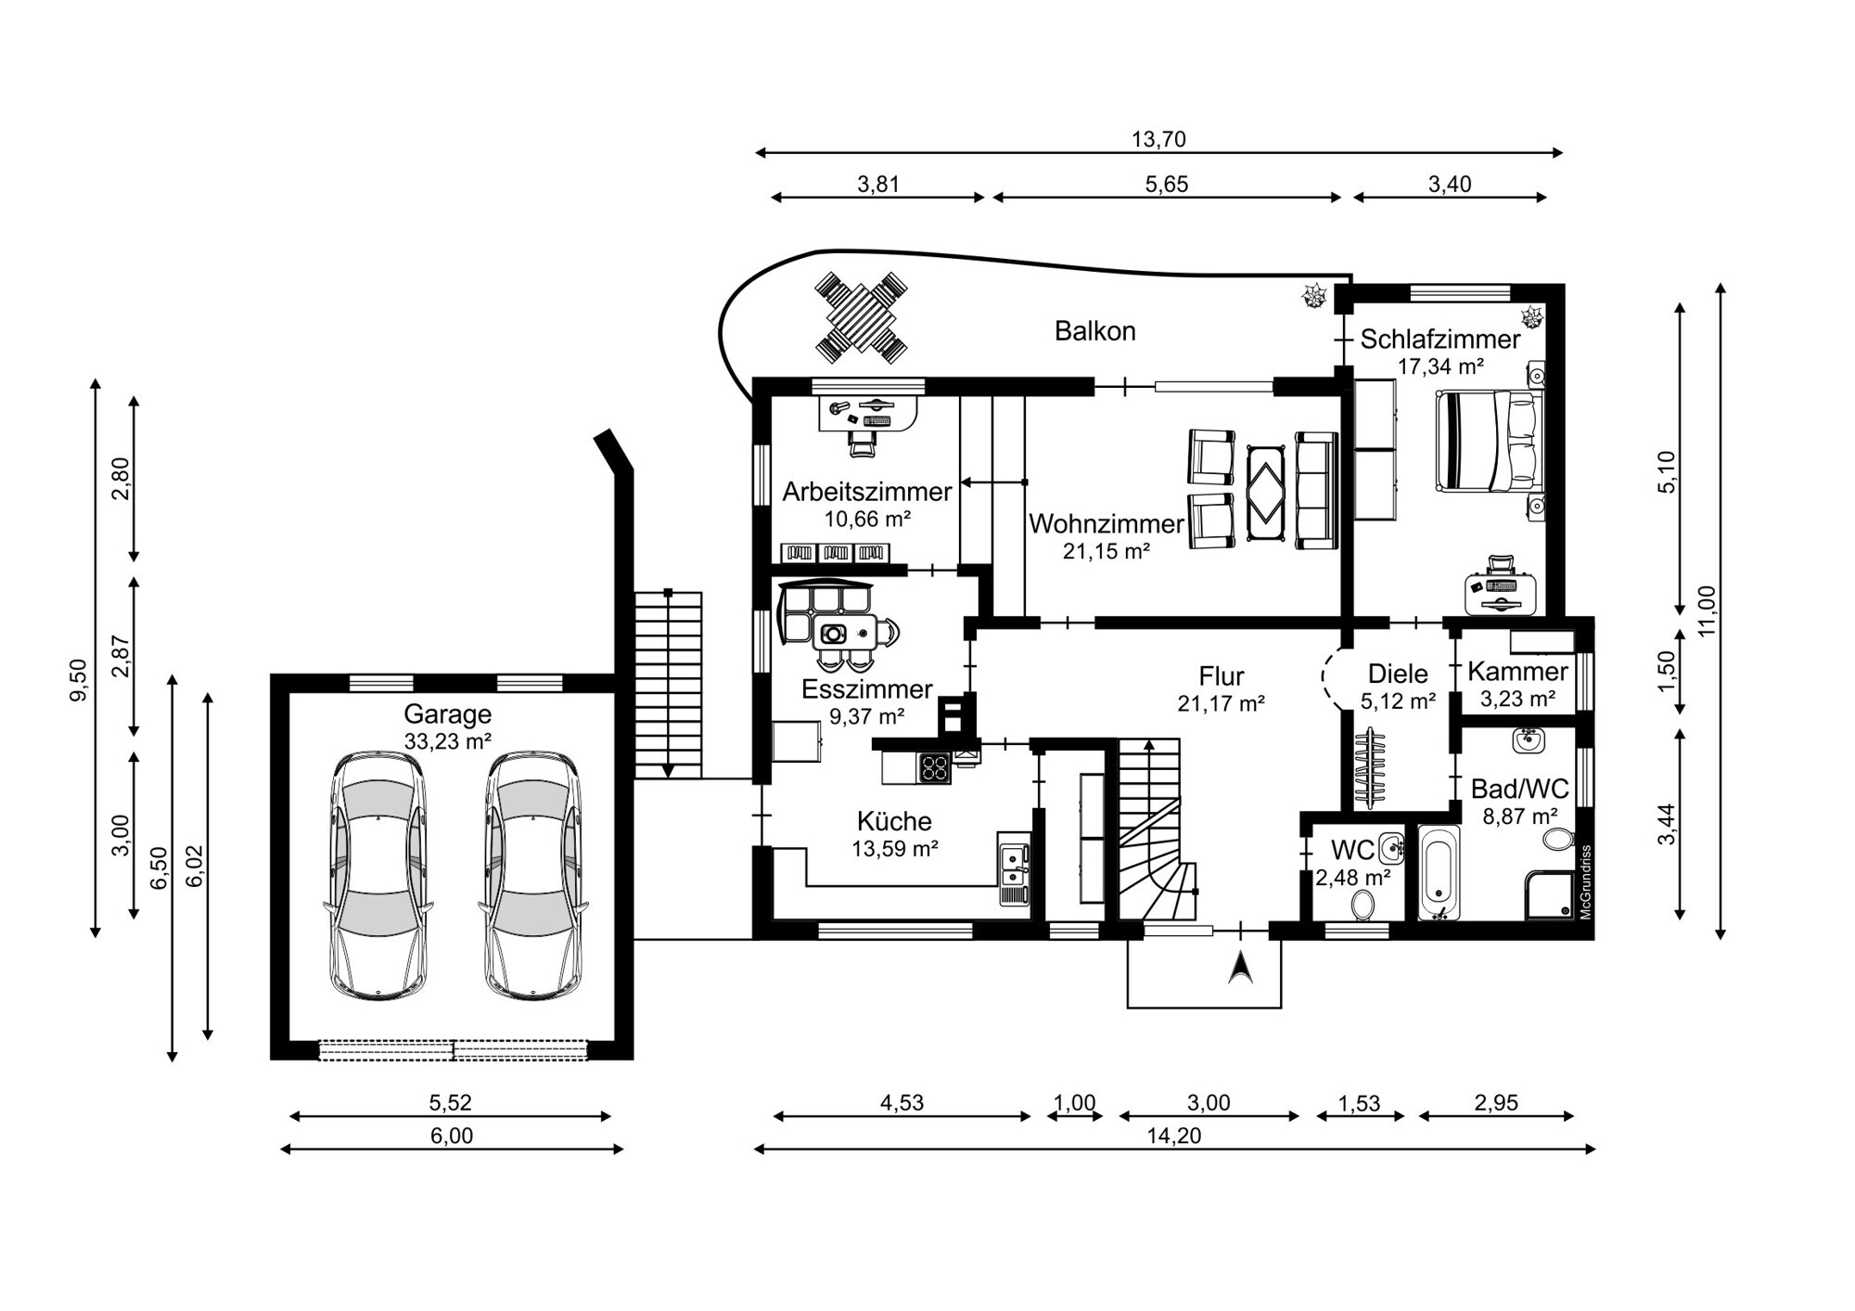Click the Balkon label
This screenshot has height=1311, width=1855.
coord(1094,331)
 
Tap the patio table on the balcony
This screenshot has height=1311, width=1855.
coord(861,317)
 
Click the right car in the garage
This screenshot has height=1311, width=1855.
coord(533,874)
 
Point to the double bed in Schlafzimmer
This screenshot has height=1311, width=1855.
coord(1490,440)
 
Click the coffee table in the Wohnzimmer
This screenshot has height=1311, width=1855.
coord(1266,492)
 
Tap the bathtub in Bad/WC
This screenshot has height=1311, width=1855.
coord(1439,872)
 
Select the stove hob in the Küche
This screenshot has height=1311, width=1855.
coord(934,768)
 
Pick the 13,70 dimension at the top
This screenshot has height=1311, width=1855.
coord(1158,140)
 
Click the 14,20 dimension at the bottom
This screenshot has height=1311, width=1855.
coord(1173,1136)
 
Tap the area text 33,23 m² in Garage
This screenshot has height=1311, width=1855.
coord(447,740)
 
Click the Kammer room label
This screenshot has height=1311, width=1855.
coord(1517,671)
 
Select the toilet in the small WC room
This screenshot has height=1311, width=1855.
coord(1362,904)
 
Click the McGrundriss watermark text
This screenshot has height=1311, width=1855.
coord(1585,881)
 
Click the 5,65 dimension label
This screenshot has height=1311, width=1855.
coord(1166,185)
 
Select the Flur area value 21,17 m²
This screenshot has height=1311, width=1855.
coord(1221,703)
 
